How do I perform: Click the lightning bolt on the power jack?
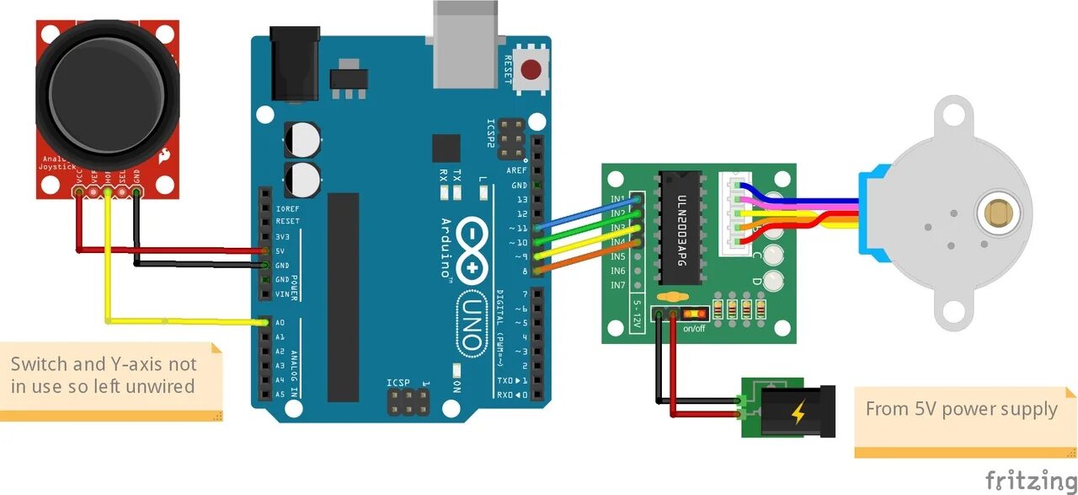click(x=798, y=412)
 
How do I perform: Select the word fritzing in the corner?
click(x=1030, y=479)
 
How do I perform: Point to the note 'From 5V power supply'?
click(x=961, y=410)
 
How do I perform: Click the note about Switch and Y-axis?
click(x=104, y=376)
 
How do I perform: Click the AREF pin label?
click(x=516, y=170)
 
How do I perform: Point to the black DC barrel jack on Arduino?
click(x=295, y=64)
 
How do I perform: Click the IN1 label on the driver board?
click(x=617, y=199)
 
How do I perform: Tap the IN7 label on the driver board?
click(x=617, y=285)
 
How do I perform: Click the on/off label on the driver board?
click(x=695, y=328)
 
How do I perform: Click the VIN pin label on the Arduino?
click(x=282, y=294)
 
